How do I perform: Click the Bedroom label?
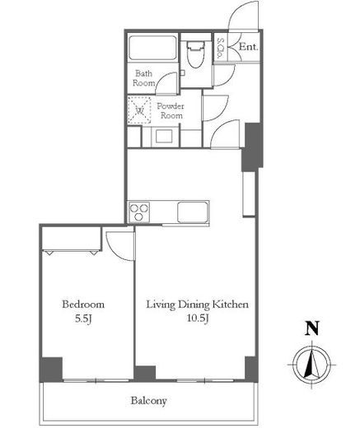point(83,305)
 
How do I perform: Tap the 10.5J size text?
point(198,319)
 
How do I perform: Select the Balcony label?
point(148,401)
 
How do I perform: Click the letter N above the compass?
point(312,328)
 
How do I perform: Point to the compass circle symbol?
point(311,365)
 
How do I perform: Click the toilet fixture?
point(195,54)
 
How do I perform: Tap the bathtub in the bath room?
point(152,48)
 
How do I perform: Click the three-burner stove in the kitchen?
point(139,212)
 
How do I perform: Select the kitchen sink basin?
point(192,212)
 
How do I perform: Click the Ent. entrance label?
point(249,47)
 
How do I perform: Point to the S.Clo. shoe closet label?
point(220,49)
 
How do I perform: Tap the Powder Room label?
point(170,110)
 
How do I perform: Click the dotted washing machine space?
point(140,110)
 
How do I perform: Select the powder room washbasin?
point(164,137)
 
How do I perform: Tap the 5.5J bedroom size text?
point(83,319)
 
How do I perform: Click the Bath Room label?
point(143,78)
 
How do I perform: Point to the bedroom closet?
point(72,239)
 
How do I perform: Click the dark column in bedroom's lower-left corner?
point(51,370)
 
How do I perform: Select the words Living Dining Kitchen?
point(197,305)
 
